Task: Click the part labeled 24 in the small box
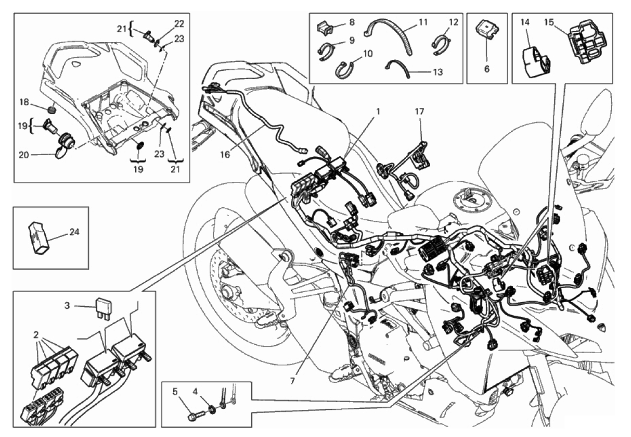tap(39, 239)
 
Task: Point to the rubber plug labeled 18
tap(50, 109)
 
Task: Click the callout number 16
tap(225, 154)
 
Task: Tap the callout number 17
tap(419, 111)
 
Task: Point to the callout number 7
tap(292, 381)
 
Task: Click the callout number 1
tap(378, 111)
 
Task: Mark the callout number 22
tap(179, 23)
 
